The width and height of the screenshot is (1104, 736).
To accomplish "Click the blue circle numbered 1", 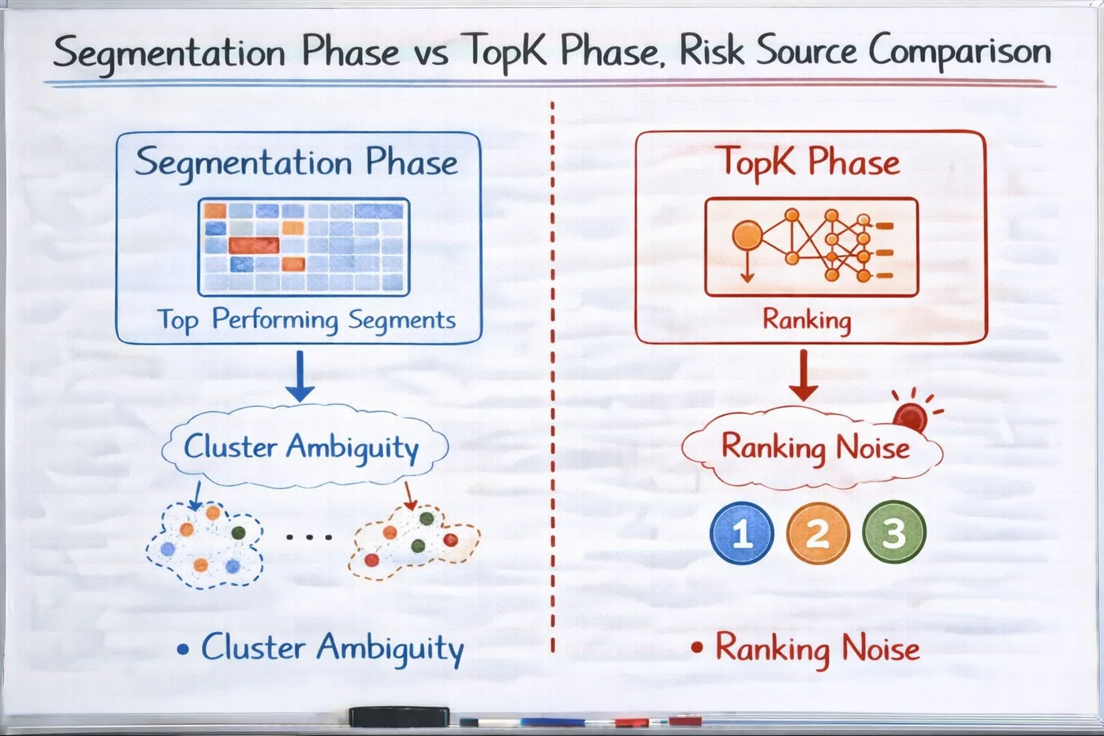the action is click(741, 533).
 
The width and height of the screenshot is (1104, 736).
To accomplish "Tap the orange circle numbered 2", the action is click(818, 533).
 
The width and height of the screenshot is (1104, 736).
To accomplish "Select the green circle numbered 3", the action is click(894, 532).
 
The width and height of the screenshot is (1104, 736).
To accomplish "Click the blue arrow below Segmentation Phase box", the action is click(300, 375).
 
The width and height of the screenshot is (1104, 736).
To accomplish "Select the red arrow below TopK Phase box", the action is click(804, 375).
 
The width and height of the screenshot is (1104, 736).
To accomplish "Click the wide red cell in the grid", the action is click(254, 245).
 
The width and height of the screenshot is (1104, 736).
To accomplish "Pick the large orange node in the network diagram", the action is click(748, 236).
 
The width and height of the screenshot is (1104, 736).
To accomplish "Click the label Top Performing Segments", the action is click(307, 320).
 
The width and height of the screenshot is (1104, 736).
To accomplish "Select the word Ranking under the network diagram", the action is click(807, 320).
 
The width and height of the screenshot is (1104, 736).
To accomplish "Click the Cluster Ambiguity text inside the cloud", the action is click(301, 447).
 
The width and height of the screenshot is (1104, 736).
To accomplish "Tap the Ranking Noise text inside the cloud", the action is click(815, 447).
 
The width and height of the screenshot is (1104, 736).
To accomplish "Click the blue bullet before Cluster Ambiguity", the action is click(183, 648).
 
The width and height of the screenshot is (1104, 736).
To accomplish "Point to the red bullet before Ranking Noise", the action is click(697, 648).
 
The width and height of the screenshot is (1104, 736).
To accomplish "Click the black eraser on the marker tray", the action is click(399, 717).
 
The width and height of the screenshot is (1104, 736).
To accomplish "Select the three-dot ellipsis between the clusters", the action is click(309, 537).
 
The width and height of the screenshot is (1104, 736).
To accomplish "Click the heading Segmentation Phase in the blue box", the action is click(297, 163).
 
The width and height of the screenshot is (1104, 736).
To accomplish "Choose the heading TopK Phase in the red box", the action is click(811, 163).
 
